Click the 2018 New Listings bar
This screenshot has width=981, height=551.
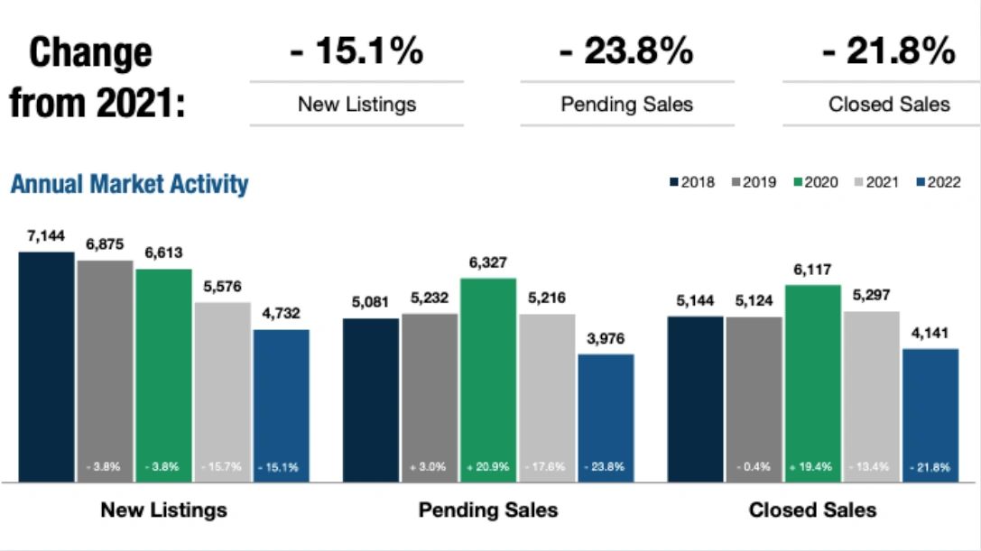(46, 366)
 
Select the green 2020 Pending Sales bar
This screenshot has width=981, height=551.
(488, 379)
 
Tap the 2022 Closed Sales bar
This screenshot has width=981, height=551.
(930, 415)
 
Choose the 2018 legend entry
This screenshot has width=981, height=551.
(692, 182)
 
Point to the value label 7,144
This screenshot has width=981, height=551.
(45, 235)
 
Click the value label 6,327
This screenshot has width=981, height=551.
(488, 262)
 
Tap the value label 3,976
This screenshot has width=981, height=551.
(606, 338)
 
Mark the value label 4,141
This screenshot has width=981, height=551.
(930, 333)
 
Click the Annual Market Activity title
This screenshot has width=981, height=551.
(129, 184)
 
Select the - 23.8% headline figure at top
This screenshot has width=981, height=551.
(626, 51)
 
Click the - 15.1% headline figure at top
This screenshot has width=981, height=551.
(356, 51)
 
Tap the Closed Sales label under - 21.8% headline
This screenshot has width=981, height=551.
(889, 105)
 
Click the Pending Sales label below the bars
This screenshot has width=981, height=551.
(488, 510)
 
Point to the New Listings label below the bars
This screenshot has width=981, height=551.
(163, 510)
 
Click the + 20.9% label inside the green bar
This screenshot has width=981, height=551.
(488, 467)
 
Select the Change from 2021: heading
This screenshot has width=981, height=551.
(97, 78)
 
